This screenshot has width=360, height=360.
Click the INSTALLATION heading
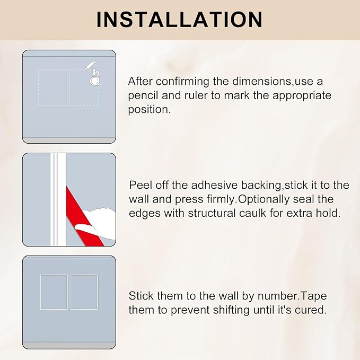180,19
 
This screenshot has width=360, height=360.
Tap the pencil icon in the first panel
91,65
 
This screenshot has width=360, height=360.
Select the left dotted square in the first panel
53,87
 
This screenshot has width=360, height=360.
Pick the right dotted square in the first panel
83,87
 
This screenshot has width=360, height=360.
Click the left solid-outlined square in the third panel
54,292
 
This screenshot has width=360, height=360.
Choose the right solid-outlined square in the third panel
84,292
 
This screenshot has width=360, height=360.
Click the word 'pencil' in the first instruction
143,96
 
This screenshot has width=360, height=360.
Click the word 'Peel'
139,185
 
